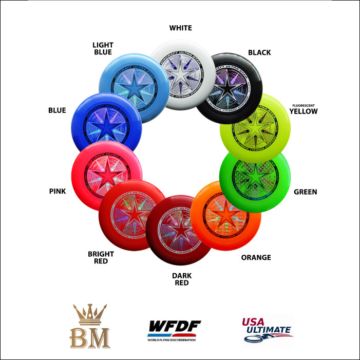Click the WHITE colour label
click(180, 28)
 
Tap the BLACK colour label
click(259, 52)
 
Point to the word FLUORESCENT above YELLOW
click(304, 104)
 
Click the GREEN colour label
click(305, 192)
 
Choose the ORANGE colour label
click(256, 257)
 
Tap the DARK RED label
click(181, 279)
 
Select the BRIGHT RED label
click(101, 257)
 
